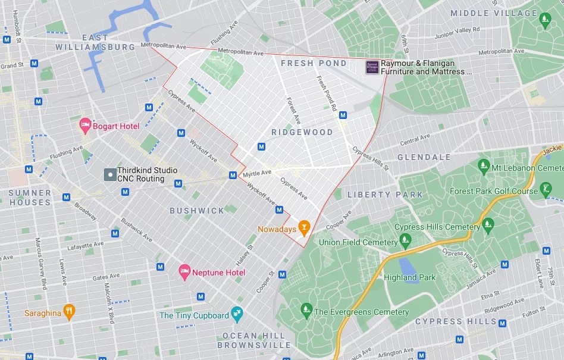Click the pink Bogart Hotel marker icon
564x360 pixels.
point(85,126)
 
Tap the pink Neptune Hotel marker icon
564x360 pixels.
point(185,272)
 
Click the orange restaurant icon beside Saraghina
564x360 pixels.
point(69,311)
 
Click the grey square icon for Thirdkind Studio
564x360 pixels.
point(109,174)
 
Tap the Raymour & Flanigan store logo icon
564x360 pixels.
point(372,67)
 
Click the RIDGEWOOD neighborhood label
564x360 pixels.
point(302,132)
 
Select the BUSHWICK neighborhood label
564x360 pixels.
point(197,211)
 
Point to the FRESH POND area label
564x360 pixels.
point(314,63)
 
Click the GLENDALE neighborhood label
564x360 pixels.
point(424,157)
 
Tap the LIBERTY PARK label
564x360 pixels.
point(385,195)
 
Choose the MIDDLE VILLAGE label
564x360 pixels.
point(494,13)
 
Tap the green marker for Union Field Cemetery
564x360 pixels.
point(406,240)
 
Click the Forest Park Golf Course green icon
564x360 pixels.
point(546,190)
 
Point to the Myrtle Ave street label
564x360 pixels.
point(257,173)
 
